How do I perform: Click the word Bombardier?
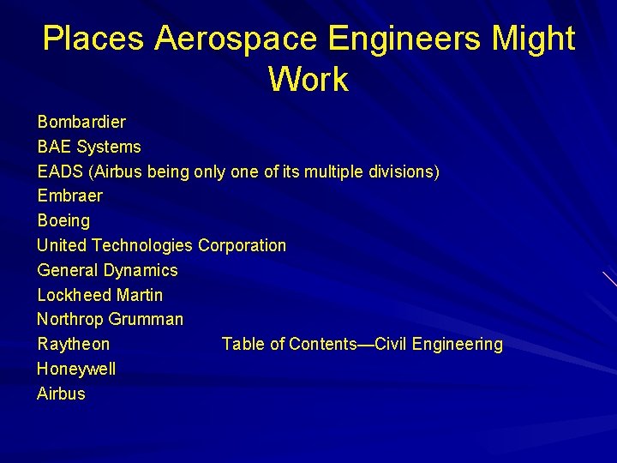(81, 122)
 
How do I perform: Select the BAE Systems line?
(89, 147)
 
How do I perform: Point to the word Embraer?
(70, 195)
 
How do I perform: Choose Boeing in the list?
(63, 220)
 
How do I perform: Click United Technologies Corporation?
(162, 245)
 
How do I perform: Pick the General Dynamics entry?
(108, 270)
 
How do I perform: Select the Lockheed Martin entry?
(100, 295)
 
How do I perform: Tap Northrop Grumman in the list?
(111, 319)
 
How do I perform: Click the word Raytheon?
(74, 344)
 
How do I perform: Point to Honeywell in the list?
(77, 369)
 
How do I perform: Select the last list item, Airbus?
(62, 394)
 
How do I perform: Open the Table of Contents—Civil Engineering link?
(362, 344)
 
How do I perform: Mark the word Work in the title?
(308, 79)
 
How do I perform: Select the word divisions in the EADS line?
(404, 171)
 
